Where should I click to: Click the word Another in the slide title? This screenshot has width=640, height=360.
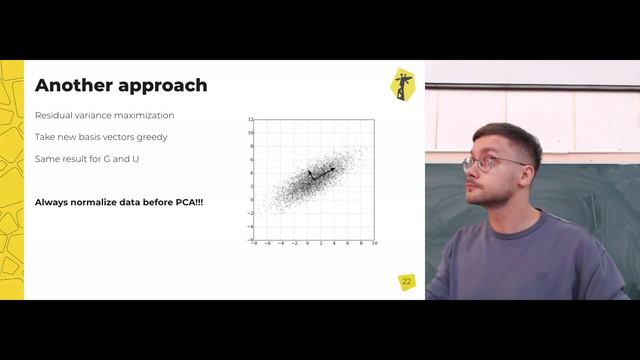coord(72,86)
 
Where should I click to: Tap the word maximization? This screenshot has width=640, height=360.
coord(144,115)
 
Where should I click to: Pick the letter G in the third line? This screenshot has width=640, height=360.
coord(103,159)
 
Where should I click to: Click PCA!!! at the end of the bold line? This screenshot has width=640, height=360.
coord(188,203)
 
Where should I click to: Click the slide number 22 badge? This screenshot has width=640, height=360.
coord(406,282)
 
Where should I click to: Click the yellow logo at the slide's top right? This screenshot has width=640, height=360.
coord(402,84)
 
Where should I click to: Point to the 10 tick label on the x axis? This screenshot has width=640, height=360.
coord(374,243)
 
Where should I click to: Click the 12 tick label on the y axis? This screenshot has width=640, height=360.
coord(251,119)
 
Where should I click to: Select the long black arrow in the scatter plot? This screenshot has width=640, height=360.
coord(323,174)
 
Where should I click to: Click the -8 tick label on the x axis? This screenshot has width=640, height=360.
coord(255,243)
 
